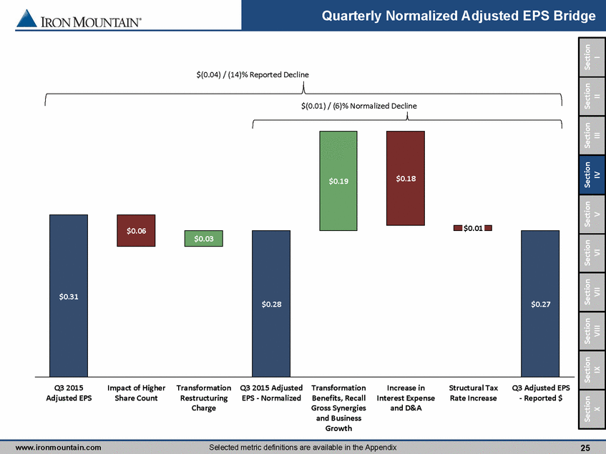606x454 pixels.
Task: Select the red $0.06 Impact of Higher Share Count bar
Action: coord(136,230)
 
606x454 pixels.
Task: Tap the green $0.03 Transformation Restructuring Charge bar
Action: coord(204,239)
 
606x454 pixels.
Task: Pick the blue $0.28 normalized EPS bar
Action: coord(271,303)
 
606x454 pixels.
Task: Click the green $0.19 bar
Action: coord(338,181)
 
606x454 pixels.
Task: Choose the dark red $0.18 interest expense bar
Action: coord(405,178)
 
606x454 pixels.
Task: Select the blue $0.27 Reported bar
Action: coord(539,303)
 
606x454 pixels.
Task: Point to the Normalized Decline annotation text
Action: coord(358,106)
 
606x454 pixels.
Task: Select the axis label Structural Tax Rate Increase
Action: coord(472,393)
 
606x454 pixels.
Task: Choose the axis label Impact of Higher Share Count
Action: coord(136,393)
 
